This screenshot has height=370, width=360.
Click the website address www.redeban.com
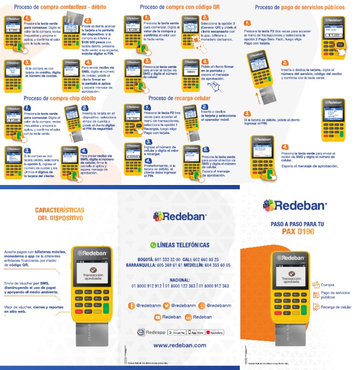click(x=180, y=345)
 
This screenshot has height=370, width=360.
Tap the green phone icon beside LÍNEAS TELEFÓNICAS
click(x=153, y=245)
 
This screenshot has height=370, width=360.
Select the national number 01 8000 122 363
click(x=180, y=286)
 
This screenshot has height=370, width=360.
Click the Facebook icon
click(x=132, y=305)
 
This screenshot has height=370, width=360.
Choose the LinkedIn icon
click(x=188, y=317)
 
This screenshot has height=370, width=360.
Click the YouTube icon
click(x=157, y=317)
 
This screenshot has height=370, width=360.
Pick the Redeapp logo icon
click(x=140, y=332)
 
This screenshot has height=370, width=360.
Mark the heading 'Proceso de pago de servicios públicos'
click(x=300, y=7)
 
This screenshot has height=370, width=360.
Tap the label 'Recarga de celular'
click(x=336, y=307)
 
